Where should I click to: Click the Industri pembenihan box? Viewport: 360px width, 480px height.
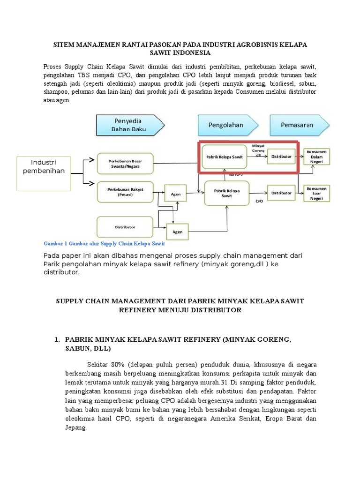click(44, 166)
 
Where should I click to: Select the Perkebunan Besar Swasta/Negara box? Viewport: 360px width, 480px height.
click(125, 163)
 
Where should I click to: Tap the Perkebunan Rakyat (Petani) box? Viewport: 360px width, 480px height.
click(125, 193)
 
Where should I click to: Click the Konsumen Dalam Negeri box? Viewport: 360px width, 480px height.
click(316, 157)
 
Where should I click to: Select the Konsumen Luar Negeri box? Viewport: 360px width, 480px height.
click(316, 193)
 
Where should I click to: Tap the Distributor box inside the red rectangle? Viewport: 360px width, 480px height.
click(281, 157)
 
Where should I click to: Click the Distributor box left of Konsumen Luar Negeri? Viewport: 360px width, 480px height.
click(281, 193)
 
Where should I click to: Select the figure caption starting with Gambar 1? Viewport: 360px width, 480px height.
click(104, 244)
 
